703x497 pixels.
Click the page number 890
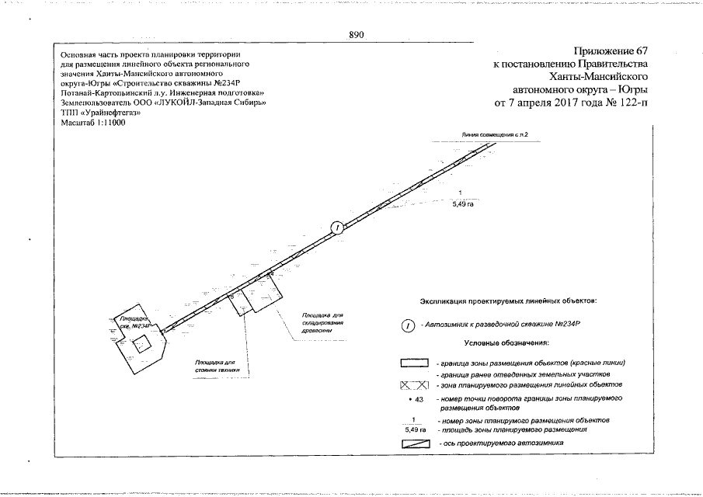point(357,35)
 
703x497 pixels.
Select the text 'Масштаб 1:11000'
point(93,123)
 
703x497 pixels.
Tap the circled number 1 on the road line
point(337,228)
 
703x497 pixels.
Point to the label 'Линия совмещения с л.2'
point(494,134)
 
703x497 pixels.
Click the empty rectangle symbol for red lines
point(415,363)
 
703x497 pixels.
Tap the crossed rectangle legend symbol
point(415,385)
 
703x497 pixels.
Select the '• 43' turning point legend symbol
point(415,398)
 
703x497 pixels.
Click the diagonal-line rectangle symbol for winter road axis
point(415,443)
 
